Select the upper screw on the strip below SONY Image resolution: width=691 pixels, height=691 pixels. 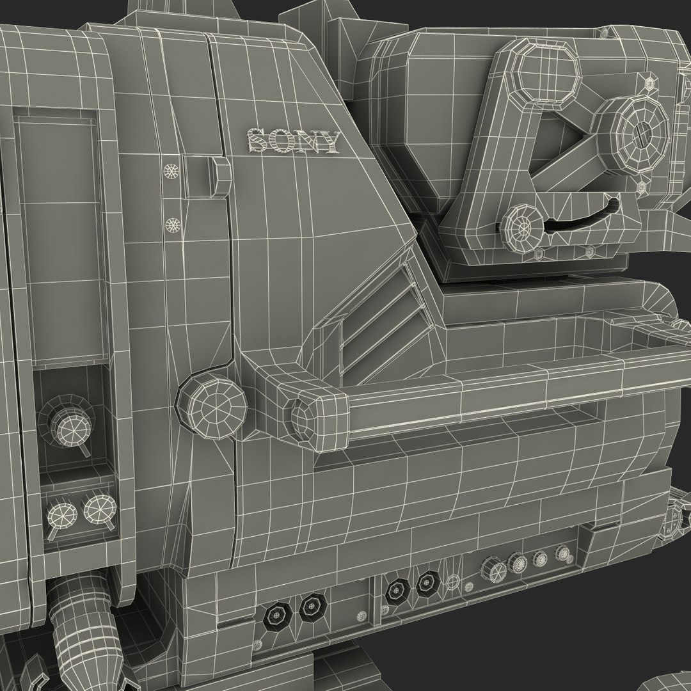click(171, 170)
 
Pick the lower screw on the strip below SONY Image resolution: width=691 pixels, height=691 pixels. click(173, 225)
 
